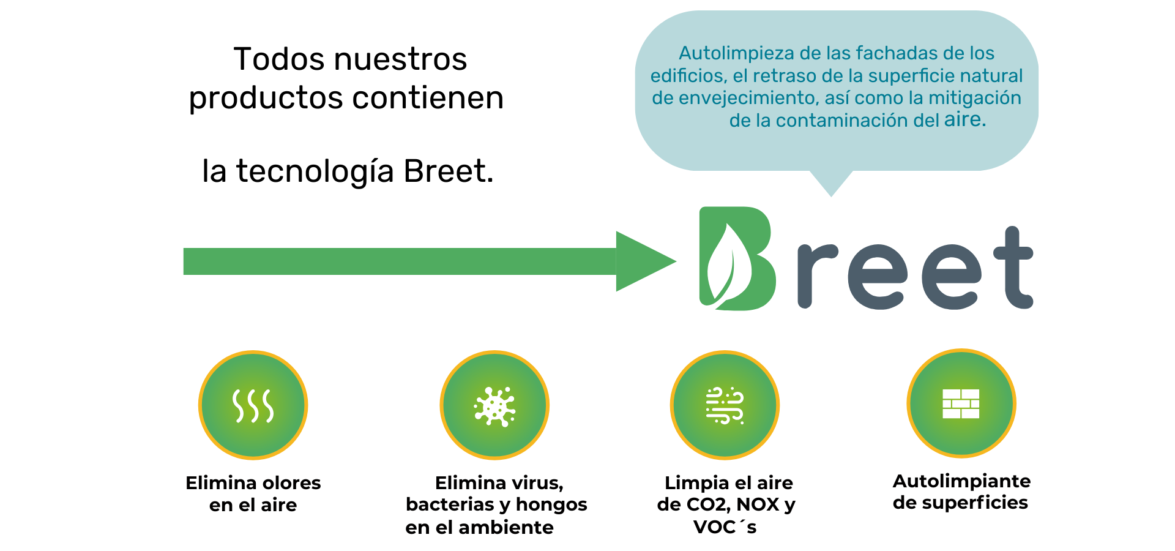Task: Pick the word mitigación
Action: [x=974, y=99]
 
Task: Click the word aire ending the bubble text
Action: [x=964, y=119]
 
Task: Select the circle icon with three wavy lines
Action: [x=253, y=405]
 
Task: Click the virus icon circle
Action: [x=494, y=405]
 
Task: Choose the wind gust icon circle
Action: [x=725, y=405]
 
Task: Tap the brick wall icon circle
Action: [x=961, y=403]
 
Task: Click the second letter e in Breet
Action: [x=951, y=277]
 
